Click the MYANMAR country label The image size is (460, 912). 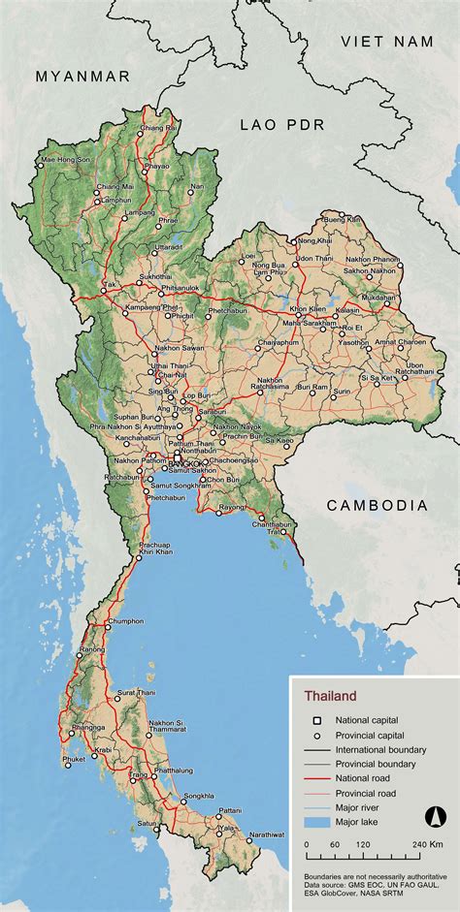tap(82, 76)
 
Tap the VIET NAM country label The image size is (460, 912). tap(385, 41)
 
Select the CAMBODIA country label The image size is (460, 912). tap(377, 505)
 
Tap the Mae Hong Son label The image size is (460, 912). tap(65, 159)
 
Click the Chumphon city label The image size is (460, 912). tap(126, 621)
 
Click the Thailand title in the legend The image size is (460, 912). tap(330, 696)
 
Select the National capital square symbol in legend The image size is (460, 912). tap(315, 720)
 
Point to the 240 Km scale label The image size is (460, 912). tap(428, 844)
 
